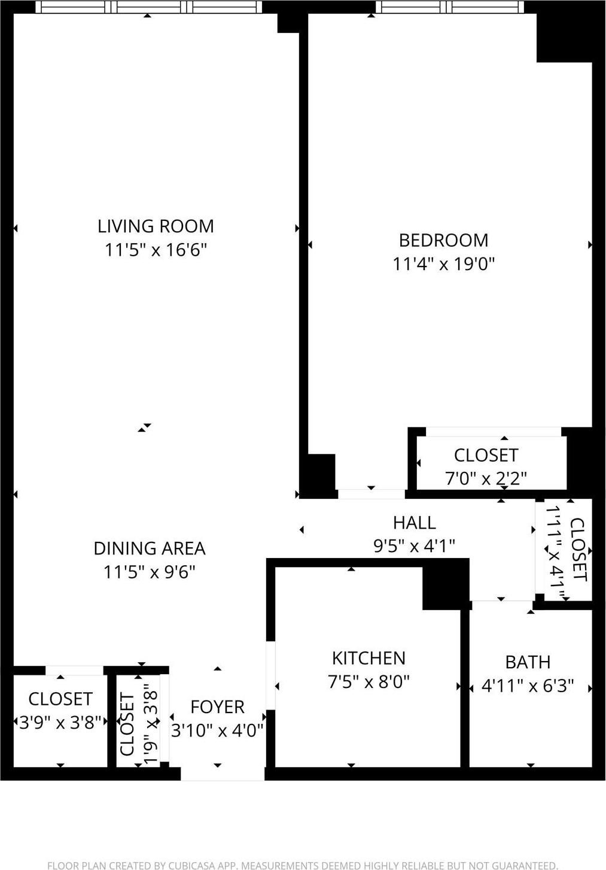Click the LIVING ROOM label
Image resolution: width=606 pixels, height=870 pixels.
[x=156, y=226]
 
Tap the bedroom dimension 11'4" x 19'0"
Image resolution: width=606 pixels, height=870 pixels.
[x=444, y=263]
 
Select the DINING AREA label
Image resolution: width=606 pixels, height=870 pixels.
[x=150, y=548]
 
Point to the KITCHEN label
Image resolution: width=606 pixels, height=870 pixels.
[x=369, y=658]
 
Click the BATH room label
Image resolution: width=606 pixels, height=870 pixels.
[x=528, y=662]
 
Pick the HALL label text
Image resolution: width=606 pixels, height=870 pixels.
[x=414, y=523]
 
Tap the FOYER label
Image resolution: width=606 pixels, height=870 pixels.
[x=217, y=707]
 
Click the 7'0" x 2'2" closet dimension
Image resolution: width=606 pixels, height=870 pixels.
[x=486, y=478]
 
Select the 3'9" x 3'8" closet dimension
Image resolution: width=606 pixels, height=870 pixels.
[x=60, y=723]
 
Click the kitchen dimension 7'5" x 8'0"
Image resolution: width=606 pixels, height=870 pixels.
[x=369, y=682]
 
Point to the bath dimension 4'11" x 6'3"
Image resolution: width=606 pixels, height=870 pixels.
[x=528, y=686]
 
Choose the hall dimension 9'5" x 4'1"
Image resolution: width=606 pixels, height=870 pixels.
[x=414, y=546]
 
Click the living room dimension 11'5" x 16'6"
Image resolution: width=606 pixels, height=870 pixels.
[x=156, y=250]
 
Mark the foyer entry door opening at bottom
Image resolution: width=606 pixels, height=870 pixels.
[x=223, y=774]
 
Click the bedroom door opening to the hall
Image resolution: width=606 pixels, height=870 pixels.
[x=371, y=494]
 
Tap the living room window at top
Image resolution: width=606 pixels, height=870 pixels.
[x=148, y=7]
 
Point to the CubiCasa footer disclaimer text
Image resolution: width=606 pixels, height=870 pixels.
[x=303, y=865]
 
